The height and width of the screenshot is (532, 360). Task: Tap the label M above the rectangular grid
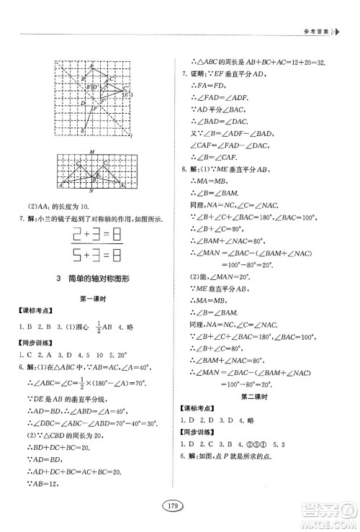92,151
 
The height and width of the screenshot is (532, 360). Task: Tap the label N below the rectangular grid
92,191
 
